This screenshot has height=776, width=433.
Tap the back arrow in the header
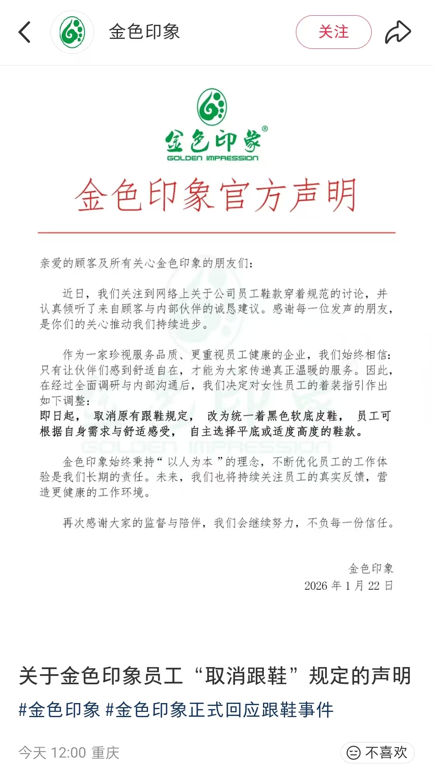click(25, 32)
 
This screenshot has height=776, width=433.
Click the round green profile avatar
click(72, 32)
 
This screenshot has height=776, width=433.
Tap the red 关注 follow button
click(334, 32)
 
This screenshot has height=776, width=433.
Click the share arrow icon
click(398, 32)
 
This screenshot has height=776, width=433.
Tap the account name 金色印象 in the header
click(144, 32)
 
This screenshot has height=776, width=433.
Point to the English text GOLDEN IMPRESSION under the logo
click(212, 158)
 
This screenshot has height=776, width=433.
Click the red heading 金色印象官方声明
click(216, 196)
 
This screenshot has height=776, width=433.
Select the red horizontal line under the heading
click(216, 232)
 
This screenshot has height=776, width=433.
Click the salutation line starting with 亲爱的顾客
click(146, 263)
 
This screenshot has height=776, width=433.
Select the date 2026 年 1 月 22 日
click(348, 586)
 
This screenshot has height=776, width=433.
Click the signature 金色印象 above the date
click(371, 568)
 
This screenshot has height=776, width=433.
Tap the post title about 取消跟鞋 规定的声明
click(215, 676)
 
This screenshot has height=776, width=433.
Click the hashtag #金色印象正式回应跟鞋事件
click(219, 710)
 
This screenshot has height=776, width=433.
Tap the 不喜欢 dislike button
click(377, 753)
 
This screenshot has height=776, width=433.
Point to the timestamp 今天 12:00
click(52, 753)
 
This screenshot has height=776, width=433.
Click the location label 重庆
click(105, 753)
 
